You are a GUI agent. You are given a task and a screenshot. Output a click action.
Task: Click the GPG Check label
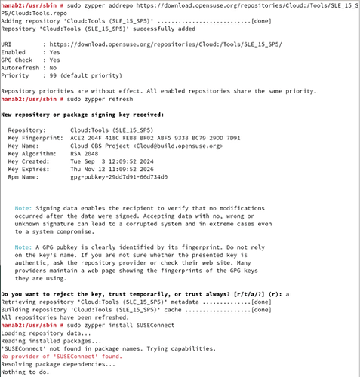(18, 59)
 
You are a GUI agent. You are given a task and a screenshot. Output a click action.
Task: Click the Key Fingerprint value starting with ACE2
(155, 138)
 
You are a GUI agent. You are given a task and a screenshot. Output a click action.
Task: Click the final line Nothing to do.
(26, 370)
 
